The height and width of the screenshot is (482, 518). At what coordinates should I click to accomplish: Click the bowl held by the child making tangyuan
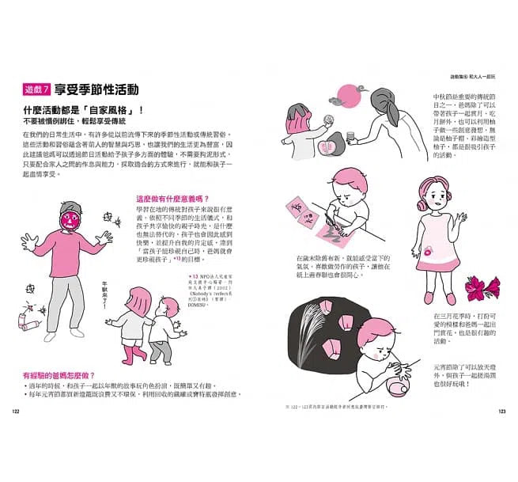[x=391, y=370]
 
